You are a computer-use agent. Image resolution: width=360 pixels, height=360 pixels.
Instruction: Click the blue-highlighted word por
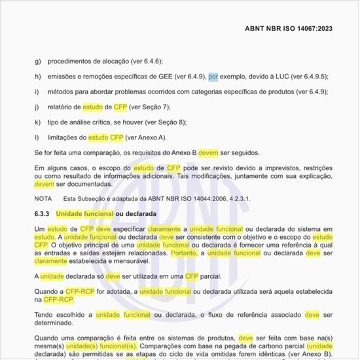213,76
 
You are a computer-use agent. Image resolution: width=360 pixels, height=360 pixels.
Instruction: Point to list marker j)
38,106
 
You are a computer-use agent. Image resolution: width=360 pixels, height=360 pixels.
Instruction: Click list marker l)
37,137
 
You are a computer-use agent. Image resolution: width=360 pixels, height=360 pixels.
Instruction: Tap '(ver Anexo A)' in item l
146,137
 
